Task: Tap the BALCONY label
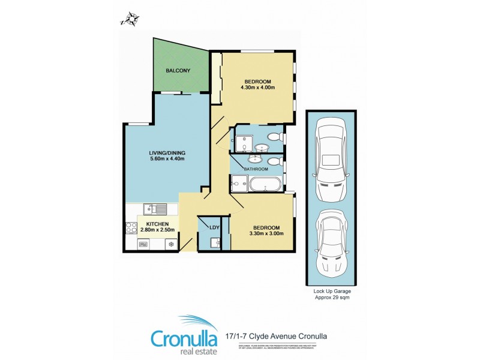tap(178, 71)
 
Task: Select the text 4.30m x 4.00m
tap(259, 88)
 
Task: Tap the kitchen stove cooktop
tap(131, 228)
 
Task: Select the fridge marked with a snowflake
tap(170, 244)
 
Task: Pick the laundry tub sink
tap(215, 243)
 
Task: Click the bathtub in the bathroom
tap(263, 184)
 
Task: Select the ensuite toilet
tap(276, 137)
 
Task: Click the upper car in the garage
tap(331, 160)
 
